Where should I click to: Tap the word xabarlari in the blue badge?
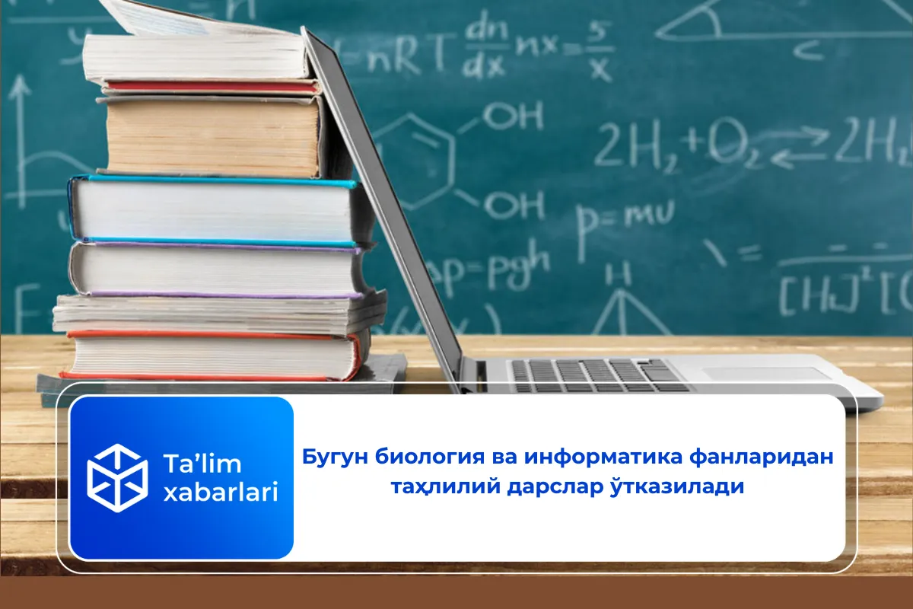[x=221, y=493]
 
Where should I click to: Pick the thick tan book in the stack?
[x=213, y=137]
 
